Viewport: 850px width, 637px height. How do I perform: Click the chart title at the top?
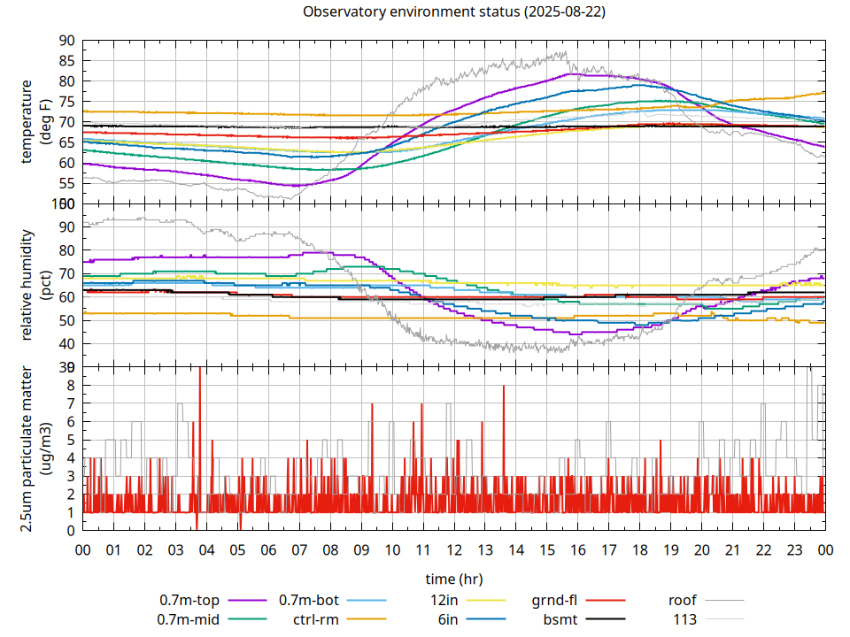tap(454, 12)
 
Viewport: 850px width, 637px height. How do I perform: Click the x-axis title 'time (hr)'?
tap(454, 579)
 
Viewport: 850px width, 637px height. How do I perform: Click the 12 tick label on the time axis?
tap(454, 549)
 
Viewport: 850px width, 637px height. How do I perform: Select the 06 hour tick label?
tap(268, 549)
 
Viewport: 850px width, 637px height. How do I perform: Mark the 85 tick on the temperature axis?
tap(66, 61)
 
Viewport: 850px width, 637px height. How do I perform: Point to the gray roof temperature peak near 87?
tap(564, 52)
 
